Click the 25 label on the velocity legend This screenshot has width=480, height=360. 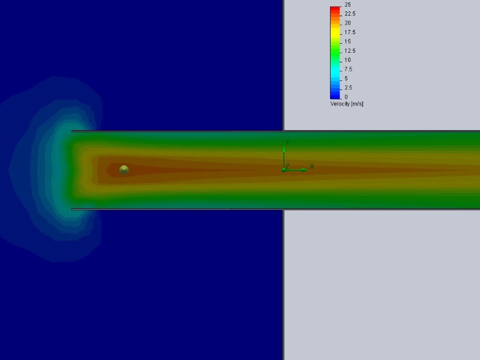click(347, 5)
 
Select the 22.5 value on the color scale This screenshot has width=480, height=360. click(350, 14)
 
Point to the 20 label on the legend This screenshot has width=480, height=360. click(347, 23)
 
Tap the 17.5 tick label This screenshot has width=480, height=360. click(350, 32)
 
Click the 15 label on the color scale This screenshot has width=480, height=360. click(347, 41)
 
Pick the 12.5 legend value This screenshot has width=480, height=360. click(350, 51)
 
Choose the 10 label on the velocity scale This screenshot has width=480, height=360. click(347, 60)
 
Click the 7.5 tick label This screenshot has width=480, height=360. click(349, 69)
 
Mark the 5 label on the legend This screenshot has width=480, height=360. click(346, 79)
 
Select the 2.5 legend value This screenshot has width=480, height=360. click(349, 88)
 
